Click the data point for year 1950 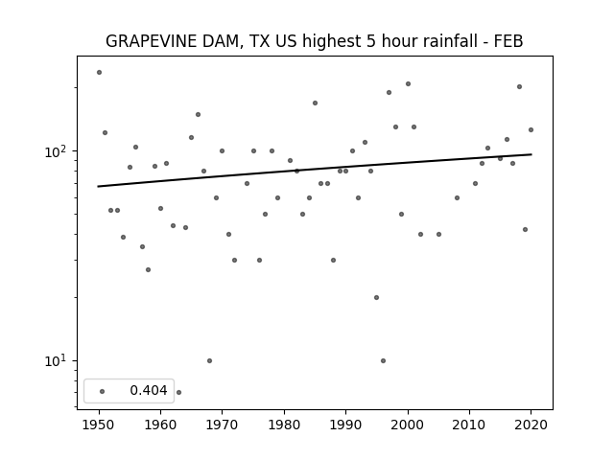tap(99, 73)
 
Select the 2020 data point tap(531, 130)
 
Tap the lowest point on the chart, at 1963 tap(179, 392)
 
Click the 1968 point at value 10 tap(209, 360)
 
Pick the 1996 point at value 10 tap(383, 360)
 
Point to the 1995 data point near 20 tap(376, 298)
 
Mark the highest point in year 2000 tap(408, 83)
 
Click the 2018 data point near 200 tap(519, 87)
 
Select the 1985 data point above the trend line tap(315, 103)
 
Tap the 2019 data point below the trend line tap(525, 230)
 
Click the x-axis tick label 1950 tap(99, 425)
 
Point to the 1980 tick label tap(284, 425)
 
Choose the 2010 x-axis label tap(469, 425)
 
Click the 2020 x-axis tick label tap(531, 425)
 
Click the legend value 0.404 tap(149, 390)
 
